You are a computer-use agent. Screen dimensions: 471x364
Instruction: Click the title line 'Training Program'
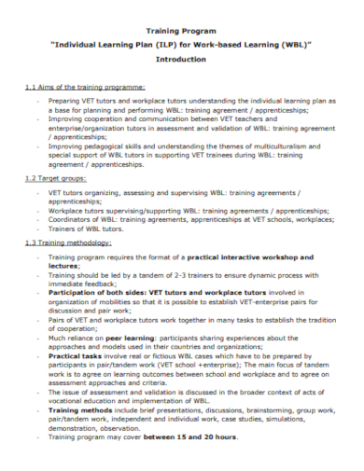(181, 31)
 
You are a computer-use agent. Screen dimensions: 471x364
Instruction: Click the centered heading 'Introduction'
(181, 58)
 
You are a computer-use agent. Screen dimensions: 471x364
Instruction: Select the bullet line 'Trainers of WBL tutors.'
(88, 229)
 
